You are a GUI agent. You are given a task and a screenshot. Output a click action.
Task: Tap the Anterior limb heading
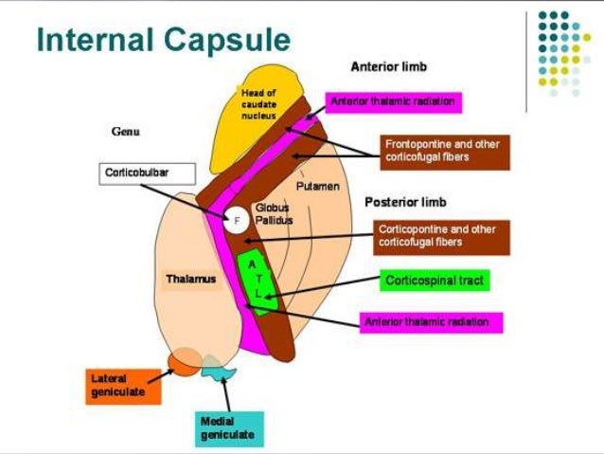[388, 67]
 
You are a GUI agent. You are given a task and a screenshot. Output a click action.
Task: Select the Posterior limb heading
[405, 202]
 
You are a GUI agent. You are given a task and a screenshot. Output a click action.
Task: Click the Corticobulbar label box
[146, 173]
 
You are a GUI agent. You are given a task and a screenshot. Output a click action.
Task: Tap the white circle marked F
[237, 220]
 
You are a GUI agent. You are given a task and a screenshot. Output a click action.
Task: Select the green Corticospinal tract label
[435, 281]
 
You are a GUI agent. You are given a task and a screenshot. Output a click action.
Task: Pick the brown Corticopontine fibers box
[441, 236]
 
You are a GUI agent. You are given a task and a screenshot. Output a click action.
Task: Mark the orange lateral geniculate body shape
[184, 360]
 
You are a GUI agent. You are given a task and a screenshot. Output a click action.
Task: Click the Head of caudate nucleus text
[258, 102]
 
